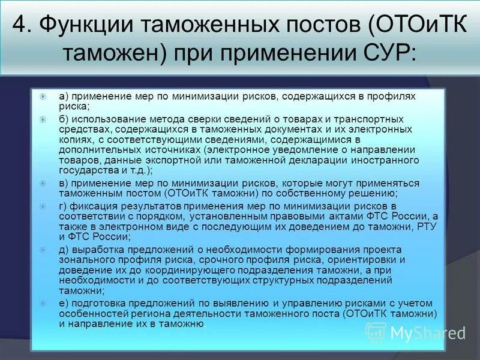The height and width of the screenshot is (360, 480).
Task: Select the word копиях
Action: click(x=75, y=140)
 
